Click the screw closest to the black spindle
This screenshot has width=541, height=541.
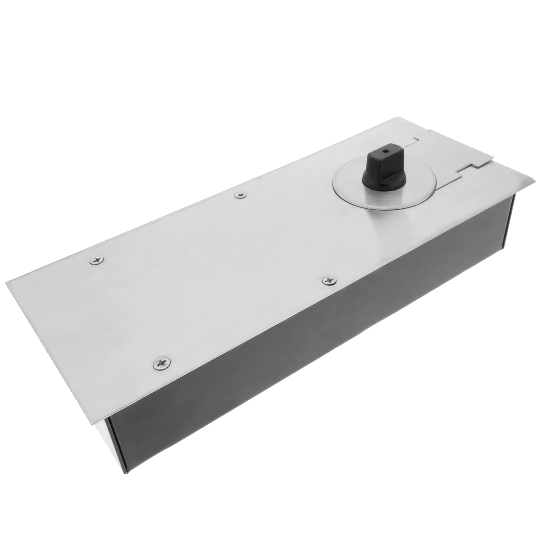coord(240,195)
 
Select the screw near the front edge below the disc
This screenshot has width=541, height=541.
coord(328,280)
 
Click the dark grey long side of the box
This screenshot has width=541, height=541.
coord(304,355)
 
